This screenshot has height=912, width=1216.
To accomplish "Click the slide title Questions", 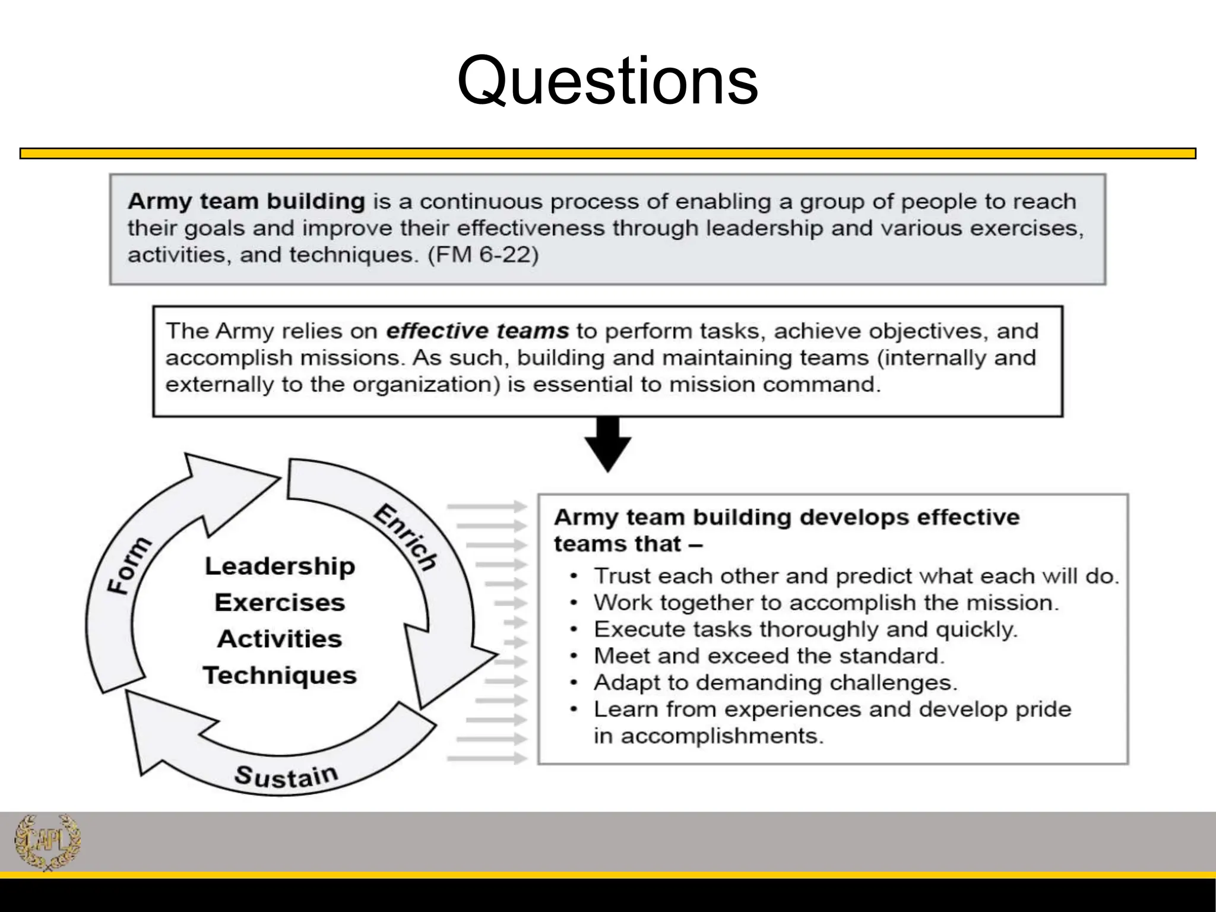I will click(x=607, y=81).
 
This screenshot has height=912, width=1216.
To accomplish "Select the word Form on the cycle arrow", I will click(x=129, y=565).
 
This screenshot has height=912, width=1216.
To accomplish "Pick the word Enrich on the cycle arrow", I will click(x=406, y=537).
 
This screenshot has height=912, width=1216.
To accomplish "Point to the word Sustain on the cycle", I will click(x=286, y=776).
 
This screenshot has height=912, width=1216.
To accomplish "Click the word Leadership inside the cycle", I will click(x=280, y=566).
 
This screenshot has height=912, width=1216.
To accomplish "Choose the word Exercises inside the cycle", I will click(x=280, y=603).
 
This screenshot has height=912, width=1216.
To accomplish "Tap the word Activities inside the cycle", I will click(x=280, y=639).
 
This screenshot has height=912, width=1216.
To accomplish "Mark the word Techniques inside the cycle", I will click(x=280, y=676).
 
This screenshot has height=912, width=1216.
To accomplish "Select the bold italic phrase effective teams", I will click(x=477, y=331).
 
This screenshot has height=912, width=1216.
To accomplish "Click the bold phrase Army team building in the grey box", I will click(x=246, y=201).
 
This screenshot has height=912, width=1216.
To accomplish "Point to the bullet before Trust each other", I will click(x=573, y=577).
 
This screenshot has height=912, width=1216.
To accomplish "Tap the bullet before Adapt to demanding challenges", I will click(x=573, y=683).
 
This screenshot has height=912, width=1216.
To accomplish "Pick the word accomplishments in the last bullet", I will click(x=722, y=736).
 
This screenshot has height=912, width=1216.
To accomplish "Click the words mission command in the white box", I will click(x=774, y=384).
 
